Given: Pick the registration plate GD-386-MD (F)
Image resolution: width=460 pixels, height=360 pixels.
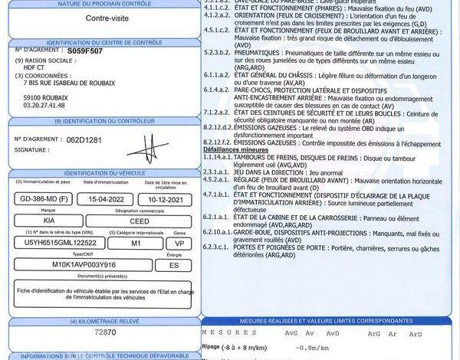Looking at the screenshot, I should tap(43, 199).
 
